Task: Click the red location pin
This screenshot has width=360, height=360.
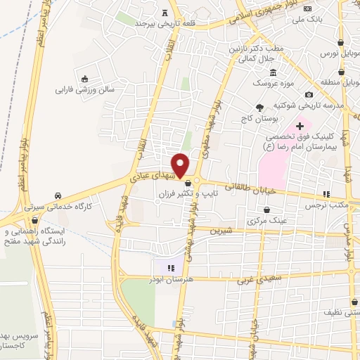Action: coord(181,165)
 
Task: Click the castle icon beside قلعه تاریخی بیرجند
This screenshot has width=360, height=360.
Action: coord(165,12)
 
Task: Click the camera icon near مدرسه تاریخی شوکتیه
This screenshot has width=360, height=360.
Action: coord(309,95)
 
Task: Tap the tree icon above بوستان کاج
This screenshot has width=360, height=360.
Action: coord(259,108)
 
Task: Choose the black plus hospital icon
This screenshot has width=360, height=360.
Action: coord(300,125)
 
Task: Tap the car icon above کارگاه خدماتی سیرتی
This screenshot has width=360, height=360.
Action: coord(57,195)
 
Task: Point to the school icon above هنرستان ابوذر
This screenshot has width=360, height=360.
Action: coord(169,266)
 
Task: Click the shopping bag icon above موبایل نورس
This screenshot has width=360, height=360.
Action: coord(340,41)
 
